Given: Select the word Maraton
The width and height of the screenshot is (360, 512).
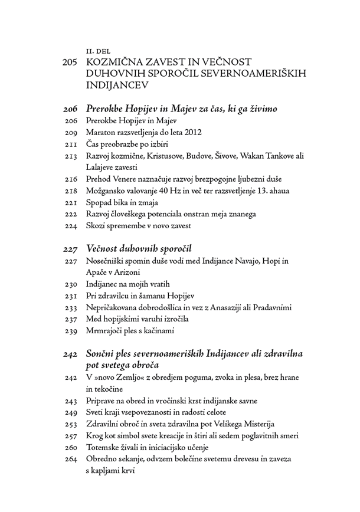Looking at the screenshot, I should [102, 133].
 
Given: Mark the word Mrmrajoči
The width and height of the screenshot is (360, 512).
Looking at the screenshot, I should [107, 331].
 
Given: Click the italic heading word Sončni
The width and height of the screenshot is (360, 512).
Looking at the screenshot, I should [103, 354].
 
